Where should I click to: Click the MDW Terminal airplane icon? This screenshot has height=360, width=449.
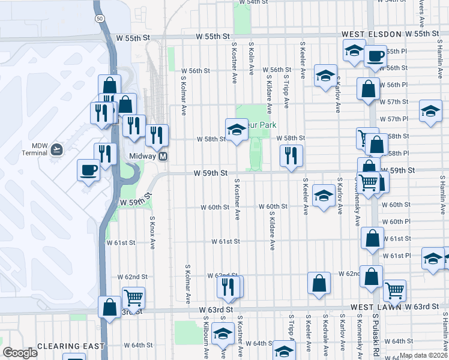pos(56,149)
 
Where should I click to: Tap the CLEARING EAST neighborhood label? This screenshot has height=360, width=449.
pos(71,346)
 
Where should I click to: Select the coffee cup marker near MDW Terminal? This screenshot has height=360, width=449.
pos(89,170)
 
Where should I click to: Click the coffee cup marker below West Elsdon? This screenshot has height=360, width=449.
pos(375,56)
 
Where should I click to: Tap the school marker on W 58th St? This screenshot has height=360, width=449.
pos(237,130)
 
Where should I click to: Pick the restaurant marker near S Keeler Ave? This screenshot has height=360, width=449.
pos(291,155)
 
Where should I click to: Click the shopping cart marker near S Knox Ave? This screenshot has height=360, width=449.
pos(133,296)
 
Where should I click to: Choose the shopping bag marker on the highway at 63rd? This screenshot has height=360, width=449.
pos(109,306)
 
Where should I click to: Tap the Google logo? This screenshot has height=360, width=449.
pos(20,352)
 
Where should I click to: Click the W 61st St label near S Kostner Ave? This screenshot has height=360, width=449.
pos(225,241)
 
